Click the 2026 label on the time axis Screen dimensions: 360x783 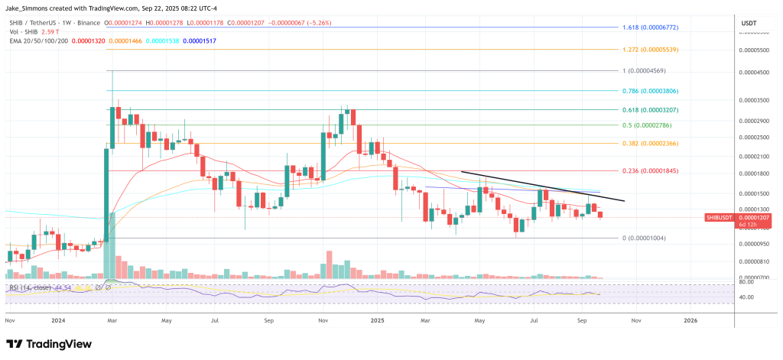pyautogui.click(x=690, y=321)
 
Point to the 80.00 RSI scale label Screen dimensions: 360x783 pyautogui.click(x=747, y=283)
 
